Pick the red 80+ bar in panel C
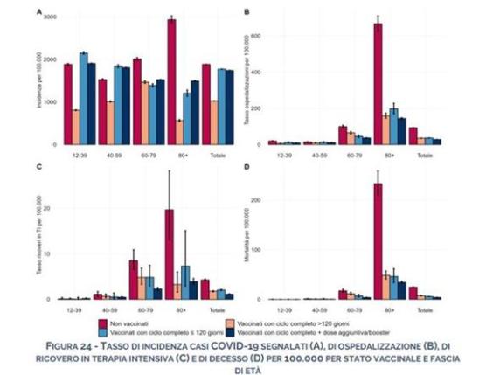point(170,254)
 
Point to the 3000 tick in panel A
point(49,17)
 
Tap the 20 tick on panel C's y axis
point(52,209)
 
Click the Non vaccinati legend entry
point(183,321)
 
